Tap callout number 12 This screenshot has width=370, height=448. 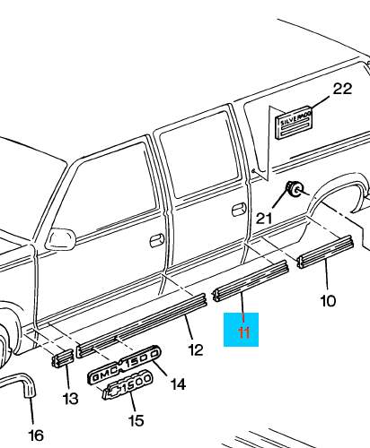click(x=195, y=349)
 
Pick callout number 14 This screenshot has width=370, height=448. click(x=178, y=384)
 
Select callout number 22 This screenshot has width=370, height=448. click(x=342, y=89)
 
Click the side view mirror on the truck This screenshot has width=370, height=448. click(x=62, y=238)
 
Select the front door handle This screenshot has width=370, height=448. click(x=155, y=239)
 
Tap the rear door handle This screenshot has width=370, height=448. click(x=213, y=209)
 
